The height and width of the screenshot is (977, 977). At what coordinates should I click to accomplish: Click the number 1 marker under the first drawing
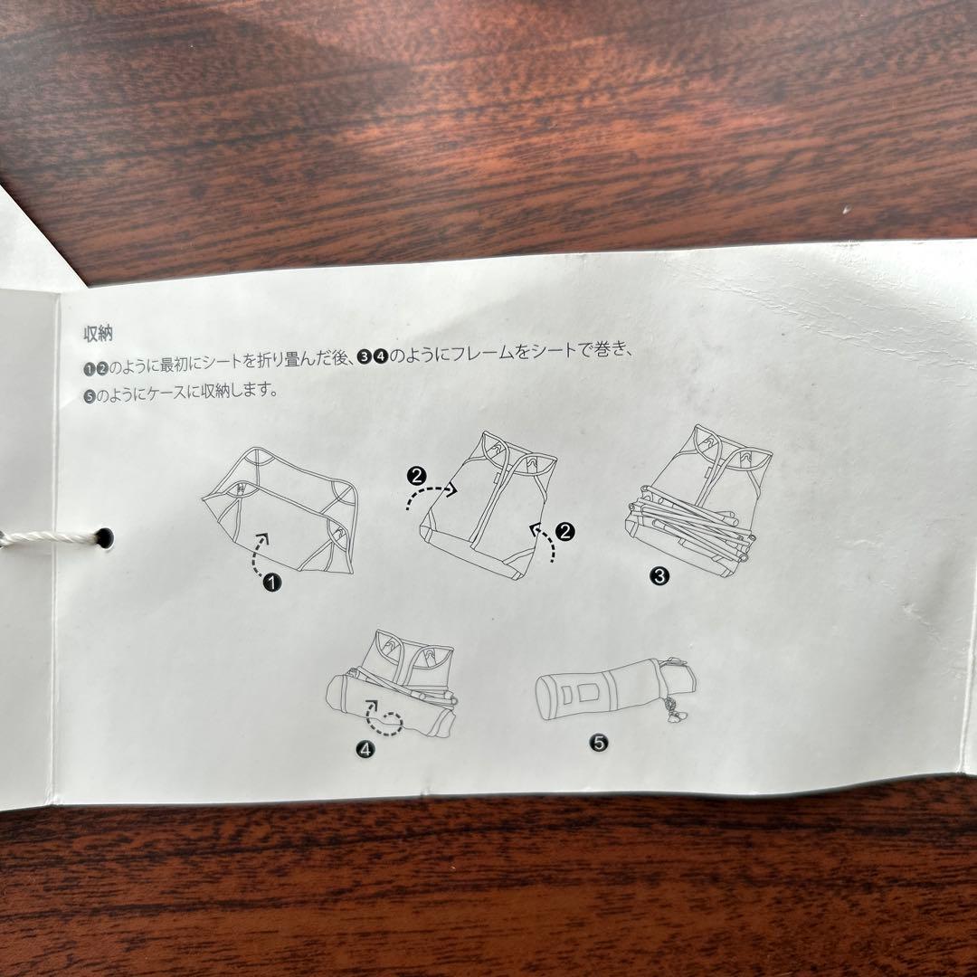point(271,583)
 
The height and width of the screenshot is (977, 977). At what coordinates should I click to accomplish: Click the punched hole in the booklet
point(105,537)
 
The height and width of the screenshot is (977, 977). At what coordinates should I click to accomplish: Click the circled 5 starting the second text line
point(89,394)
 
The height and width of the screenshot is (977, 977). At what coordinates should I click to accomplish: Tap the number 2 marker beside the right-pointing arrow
point(417,474)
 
